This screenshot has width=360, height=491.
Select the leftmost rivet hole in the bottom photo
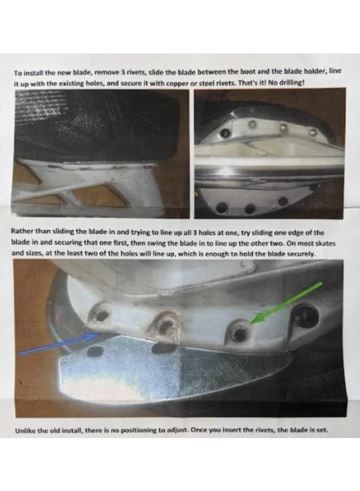pyautogui.click(x=101, y=315)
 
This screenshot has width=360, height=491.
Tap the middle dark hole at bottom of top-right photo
pyautogui.click(x=250, y=208)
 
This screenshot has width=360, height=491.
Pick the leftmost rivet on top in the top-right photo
pyautogui.click(x=221, y=132)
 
